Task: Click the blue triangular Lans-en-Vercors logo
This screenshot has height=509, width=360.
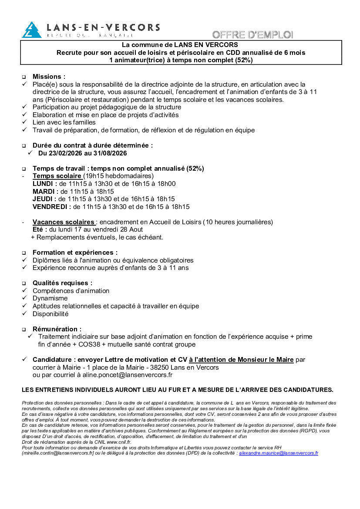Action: point(31,30)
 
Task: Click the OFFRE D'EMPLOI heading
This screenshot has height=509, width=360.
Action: point(252,34)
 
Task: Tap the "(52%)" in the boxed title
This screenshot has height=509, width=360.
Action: point(244,60)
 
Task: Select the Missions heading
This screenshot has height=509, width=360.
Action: point(49,77)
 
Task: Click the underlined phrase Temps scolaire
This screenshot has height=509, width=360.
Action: point(57,176)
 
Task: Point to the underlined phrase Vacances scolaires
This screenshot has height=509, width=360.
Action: point(64,222)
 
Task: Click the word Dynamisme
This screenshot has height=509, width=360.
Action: point(50,298)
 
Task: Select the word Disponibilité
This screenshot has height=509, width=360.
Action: point(50,313)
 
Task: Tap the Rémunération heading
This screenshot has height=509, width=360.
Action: point(57,329)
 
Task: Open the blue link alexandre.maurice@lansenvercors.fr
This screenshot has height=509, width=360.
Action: point(279,453)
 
